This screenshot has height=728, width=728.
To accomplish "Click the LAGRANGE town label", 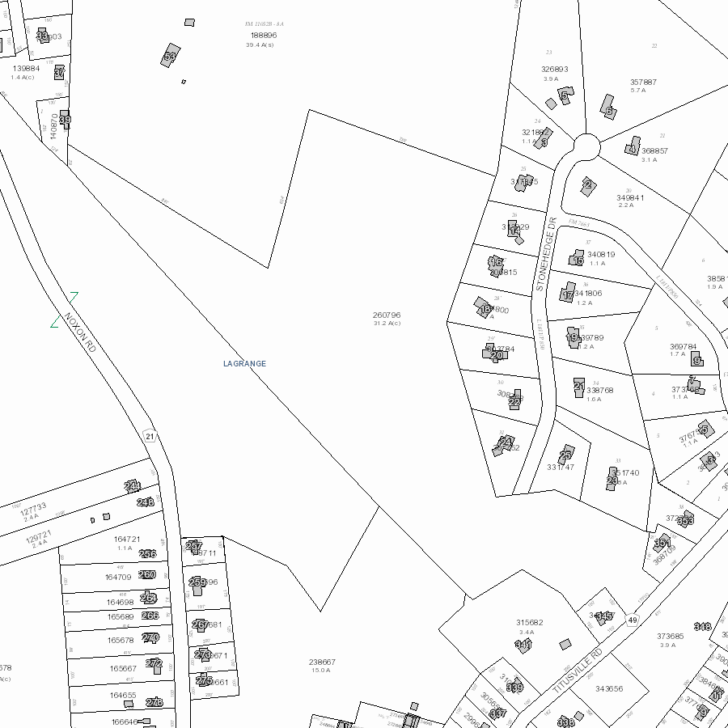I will pos(244,364).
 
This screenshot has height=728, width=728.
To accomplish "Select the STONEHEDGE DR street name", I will pos(547,254).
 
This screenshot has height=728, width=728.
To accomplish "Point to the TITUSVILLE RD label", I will pos(578,670).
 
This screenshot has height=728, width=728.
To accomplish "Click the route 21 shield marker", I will pos(150,436).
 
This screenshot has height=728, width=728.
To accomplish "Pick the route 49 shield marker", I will pos(633,620).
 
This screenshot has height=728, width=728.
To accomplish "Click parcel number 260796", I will pos(387,315).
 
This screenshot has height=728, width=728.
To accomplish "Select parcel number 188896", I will pos(264,36).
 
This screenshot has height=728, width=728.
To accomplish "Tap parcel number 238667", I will pos(322,662).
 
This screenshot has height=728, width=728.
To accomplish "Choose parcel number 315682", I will pos(530,622).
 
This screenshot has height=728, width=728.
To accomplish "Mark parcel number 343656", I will pos(609,689).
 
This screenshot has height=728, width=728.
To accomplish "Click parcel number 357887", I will pos(643,82).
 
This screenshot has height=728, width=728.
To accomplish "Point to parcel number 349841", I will pos(631,197).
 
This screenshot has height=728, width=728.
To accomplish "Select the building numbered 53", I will pos(170,56).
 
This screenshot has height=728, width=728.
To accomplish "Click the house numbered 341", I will pos(523,645).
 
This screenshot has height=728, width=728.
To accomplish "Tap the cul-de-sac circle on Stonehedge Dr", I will pos(587,147).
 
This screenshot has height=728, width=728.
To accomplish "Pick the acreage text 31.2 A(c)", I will pos(387,324).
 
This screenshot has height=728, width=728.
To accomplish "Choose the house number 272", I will pos(154,663).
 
